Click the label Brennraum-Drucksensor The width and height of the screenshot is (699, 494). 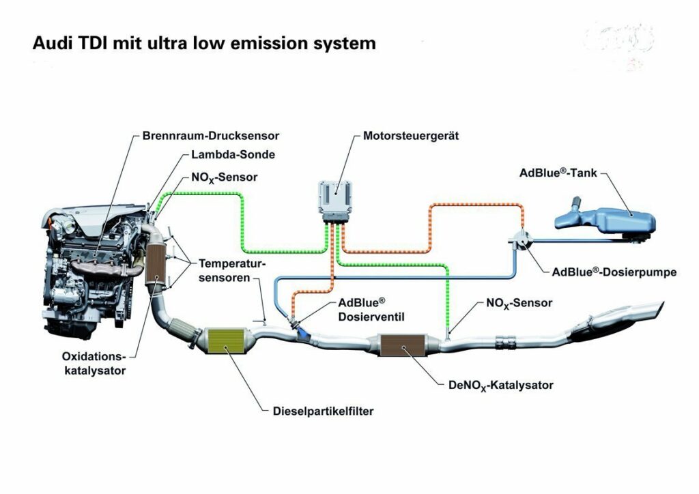pyautogui.click(x=211, y=136)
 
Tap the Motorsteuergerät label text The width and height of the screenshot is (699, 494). pyautogui.click(x=410, y=136)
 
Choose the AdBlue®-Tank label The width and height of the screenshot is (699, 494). pyautogui.click(x=558, y=173)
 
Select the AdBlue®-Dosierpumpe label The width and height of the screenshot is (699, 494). pyautogui.click(x=614, y=272)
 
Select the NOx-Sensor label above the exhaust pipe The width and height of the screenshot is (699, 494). pyautogui.click(x=519, y=302)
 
